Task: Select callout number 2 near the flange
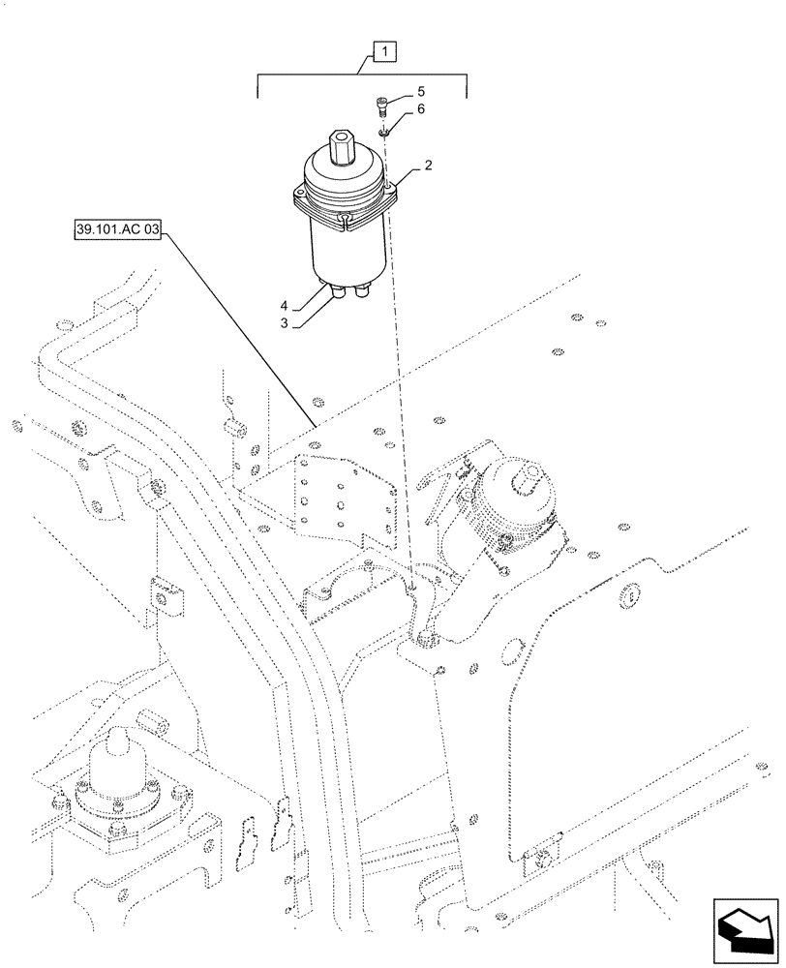428,167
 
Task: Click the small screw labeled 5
381,105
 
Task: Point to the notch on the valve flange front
345,227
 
